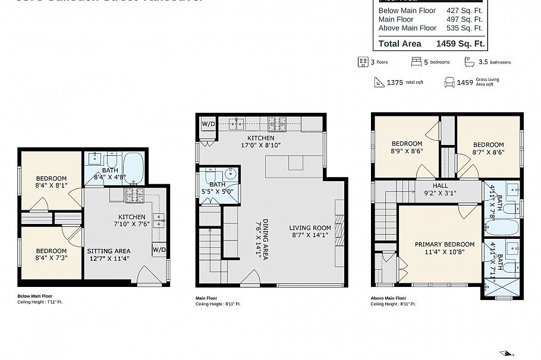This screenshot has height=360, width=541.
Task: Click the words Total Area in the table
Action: pyautogui.click(x=400, y=43)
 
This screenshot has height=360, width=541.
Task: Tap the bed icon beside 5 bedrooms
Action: pyautogui.click(x=417, y=62)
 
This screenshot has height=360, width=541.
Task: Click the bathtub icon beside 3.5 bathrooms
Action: pyautogui.click(x=468, y=62)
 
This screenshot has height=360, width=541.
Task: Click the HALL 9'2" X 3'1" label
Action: pyautogui.click(x=441, y=190)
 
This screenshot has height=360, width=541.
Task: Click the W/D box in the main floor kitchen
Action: pyautogui.click(x=208, y=124)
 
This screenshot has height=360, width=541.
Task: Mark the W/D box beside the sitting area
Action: pyautogui.click(x=159, y=250)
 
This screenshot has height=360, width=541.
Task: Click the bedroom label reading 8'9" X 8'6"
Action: pyautogui.click(x=407, y=148)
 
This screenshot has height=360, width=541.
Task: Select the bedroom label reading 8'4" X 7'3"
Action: pyautogui.click(x=51, y=255)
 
